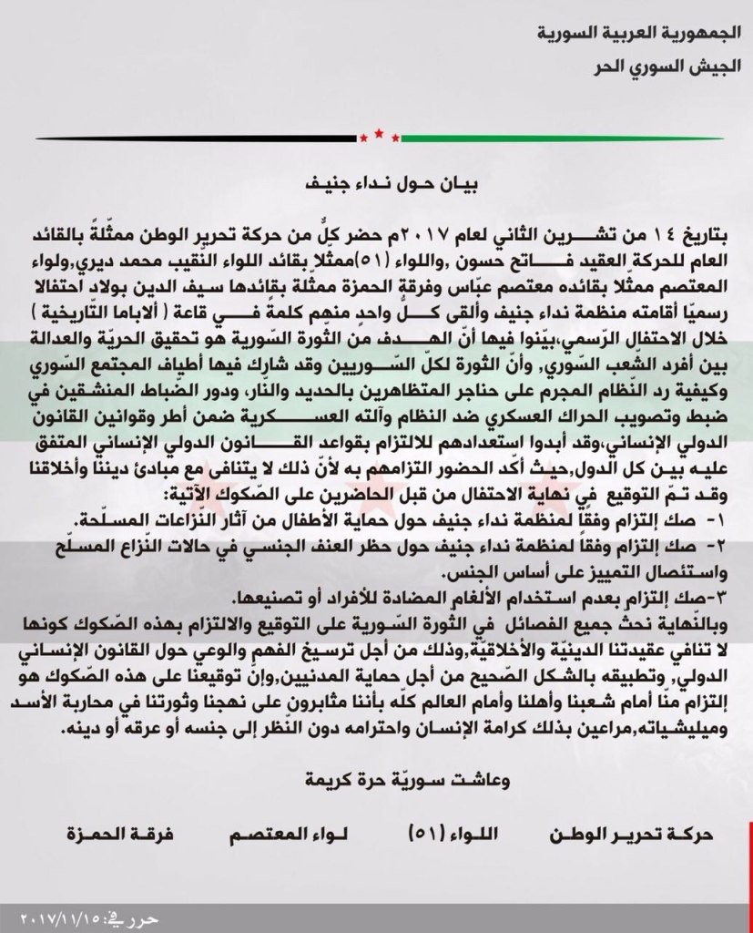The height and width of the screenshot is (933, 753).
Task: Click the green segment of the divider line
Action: [565, 138]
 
